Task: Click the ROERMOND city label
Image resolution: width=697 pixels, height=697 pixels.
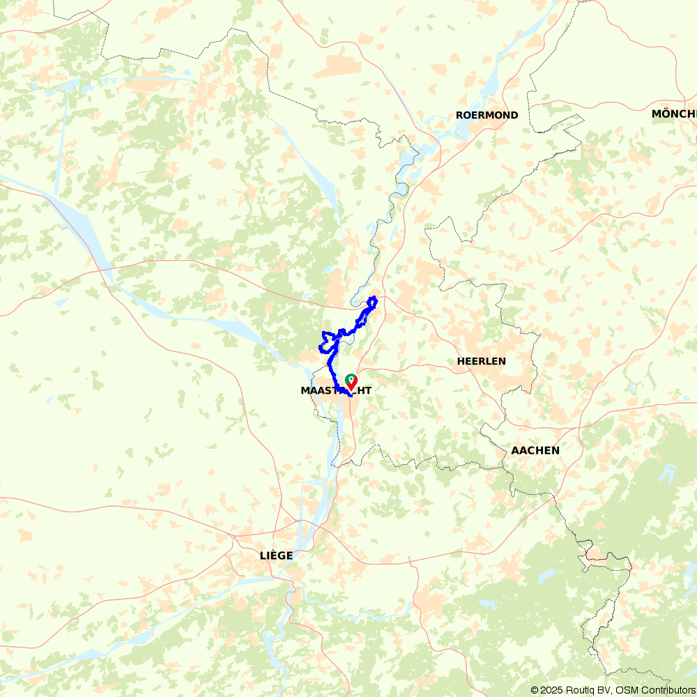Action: [487, 115]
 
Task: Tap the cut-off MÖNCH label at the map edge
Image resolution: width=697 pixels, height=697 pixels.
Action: [674, 114]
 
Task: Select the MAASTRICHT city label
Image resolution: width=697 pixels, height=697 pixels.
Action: [336, 391]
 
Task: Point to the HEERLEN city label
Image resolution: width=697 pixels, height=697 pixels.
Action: [481, 361]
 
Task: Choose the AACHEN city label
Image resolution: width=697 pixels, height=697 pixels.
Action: [535, 450]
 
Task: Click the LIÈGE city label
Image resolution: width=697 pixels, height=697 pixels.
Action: [276, 556]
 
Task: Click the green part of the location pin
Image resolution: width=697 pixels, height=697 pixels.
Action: [349, 378]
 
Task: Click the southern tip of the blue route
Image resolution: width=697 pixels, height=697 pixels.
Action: [348, 395]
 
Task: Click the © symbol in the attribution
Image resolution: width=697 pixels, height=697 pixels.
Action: [535, 690]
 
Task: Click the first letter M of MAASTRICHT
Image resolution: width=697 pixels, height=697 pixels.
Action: [305, 391]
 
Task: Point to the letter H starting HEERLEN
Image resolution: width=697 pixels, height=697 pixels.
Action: [461, 361]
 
